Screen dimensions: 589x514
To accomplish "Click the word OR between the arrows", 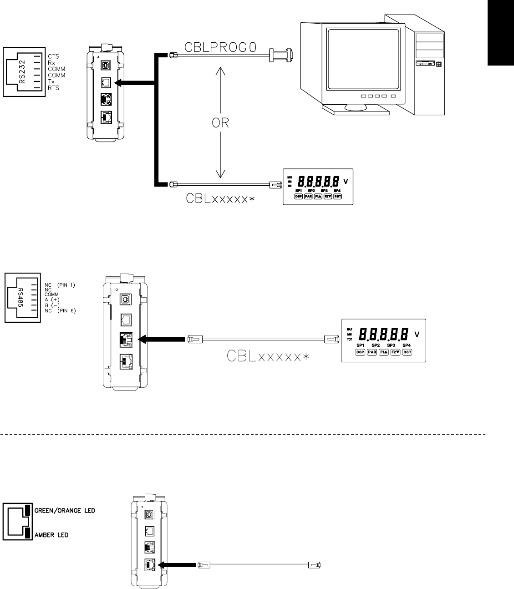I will [220, 123].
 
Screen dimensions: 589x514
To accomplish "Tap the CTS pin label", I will [53, 56].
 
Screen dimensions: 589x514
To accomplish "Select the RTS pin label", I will [53, 87].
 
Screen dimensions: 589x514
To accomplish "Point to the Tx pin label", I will [51, 81].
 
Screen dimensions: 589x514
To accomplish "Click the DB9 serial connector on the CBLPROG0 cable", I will [282, 55].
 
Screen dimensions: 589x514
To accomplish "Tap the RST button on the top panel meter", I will [337, 197].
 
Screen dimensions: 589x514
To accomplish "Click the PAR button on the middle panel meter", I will [372, 352].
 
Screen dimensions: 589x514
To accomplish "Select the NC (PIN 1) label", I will [59, 285].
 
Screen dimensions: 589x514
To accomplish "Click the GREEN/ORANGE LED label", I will [65, 510].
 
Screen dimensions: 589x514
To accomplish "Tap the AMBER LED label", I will [51, 535].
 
